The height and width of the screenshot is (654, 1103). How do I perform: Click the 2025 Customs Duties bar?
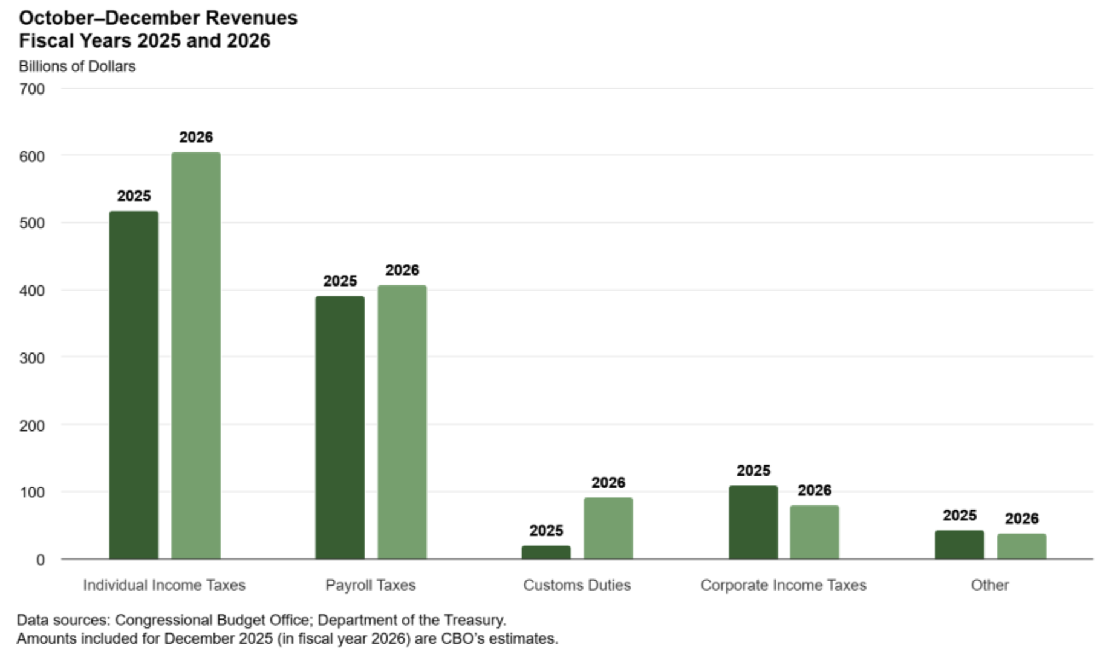[x=546, y=552]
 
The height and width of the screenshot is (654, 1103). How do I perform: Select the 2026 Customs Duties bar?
[x=608, y=528]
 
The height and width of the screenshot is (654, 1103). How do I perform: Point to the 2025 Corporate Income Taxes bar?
[x=753, y=522]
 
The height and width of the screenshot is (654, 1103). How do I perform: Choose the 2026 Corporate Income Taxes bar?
[x=815, y=532]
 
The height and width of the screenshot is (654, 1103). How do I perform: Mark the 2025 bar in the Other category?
[x=960, y=545]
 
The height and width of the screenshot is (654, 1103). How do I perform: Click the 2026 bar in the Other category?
[x=1021, y=546]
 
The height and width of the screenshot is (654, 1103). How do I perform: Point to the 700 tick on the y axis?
[x=32, y=89]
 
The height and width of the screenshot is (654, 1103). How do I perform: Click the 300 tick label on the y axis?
[x=32, y=358]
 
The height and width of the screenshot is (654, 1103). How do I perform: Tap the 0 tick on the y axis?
[x=40, y=560]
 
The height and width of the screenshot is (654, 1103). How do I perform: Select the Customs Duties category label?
[x=577, y=585]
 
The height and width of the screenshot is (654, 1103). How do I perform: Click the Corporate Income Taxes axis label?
[x=783, y=585]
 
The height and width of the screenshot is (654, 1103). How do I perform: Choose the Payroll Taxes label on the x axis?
[x=371, y=585]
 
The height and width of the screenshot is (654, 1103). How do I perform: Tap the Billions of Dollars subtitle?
[x=77, y=66]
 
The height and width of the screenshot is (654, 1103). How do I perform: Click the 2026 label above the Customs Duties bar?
[x=608, y=482]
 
